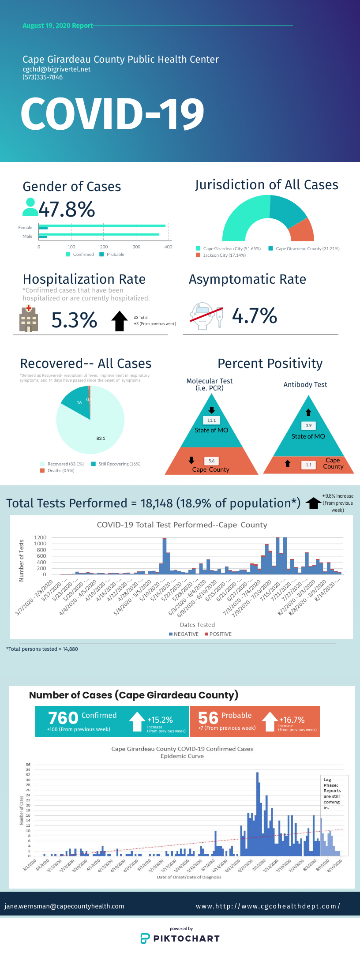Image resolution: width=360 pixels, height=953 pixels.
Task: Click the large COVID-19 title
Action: coord(112,114)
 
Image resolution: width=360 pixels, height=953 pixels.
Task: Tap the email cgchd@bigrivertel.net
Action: coord(56,69)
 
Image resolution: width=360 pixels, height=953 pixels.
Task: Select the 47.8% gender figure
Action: coord(67,209)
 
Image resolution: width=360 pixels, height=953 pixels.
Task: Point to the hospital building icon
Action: coord(29,319)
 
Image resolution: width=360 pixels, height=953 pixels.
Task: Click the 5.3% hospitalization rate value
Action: coord(74,320)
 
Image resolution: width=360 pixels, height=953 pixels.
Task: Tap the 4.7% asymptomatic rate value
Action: coord(255,316)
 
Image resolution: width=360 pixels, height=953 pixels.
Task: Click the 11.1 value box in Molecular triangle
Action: coord(212,420)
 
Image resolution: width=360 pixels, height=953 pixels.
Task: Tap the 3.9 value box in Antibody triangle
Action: coord(308,426)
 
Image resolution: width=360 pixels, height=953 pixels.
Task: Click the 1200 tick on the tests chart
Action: coord(40,537)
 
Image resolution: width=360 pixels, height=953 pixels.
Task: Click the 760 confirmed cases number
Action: coord(63,718)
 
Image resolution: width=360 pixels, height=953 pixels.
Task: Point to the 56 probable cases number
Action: coord(208,718)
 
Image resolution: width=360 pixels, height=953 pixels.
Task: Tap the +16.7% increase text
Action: coord(292,720)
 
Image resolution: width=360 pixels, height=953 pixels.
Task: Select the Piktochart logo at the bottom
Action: coord(180,938)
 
